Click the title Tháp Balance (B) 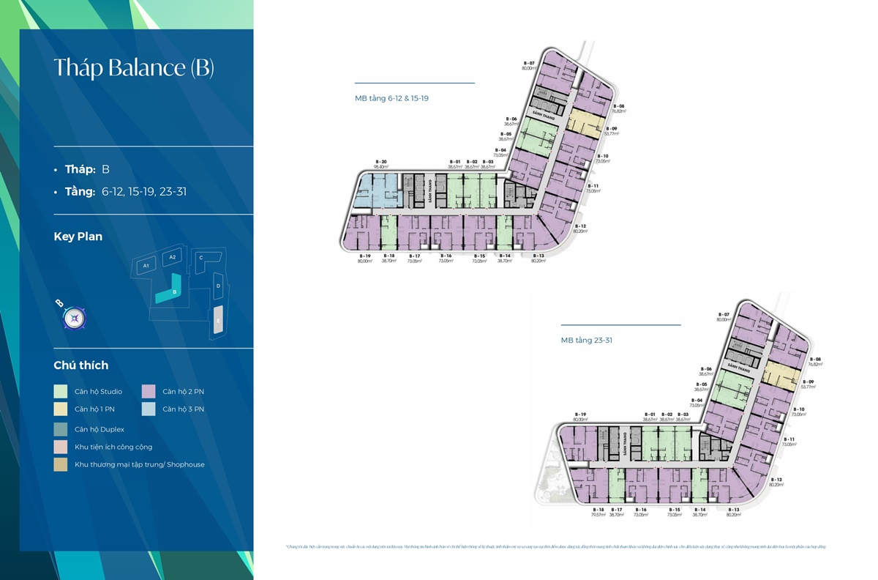click(x=134, y=68)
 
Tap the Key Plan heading click(x=78, y=237)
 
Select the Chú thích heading click(x=80, y=365)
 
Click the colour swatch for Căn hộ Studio click(x=61, y=392)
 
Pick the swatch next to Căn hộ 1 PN click(x=61, y=409)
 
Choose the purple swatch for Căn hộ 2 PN click(x=149, y=392)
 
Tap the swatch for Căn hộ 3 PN click(x=149, y=409)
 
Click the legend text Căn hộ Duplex click(x=100, y=429)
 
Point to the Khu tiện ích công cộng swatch click(x=61, y=447)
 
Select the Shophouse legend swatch click(x=61, y=464)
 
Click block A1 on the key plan click(x=146, y=265)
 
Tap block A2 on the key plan click(x=173, y=258)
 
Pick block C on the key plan click(x=201, y=258)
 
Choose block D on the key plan click(x=218, y=285)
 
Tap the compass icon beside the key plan click(x=75, y=318)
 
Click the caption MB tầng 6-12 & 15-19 click(x=391, y=97)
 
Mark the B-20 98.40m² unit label click(x=380, y=163)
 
